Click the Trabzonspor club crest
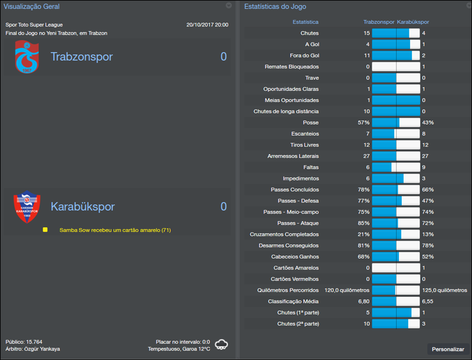click(27, 57)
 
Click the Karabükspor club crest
click(27, 207)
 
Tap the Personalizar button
click(448, 349)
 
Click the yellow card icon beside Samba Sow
click(45, 230)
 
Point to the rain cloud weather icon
click(222, 344)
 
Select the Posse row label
click(310, 123)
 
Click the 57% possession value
click(363, 123)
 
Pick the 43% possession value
click(428, 123)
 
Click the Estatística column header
click(306, 22)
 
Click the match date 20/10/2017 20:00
click(207, 25)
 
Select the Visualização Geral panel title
click(32, 6)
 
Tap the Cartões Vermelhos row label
click(294, 279)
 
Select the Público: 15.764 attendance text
click(24, 342)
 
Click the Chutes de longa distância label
click(286, 112)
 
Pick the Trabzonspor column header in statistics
click(379, 22)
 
